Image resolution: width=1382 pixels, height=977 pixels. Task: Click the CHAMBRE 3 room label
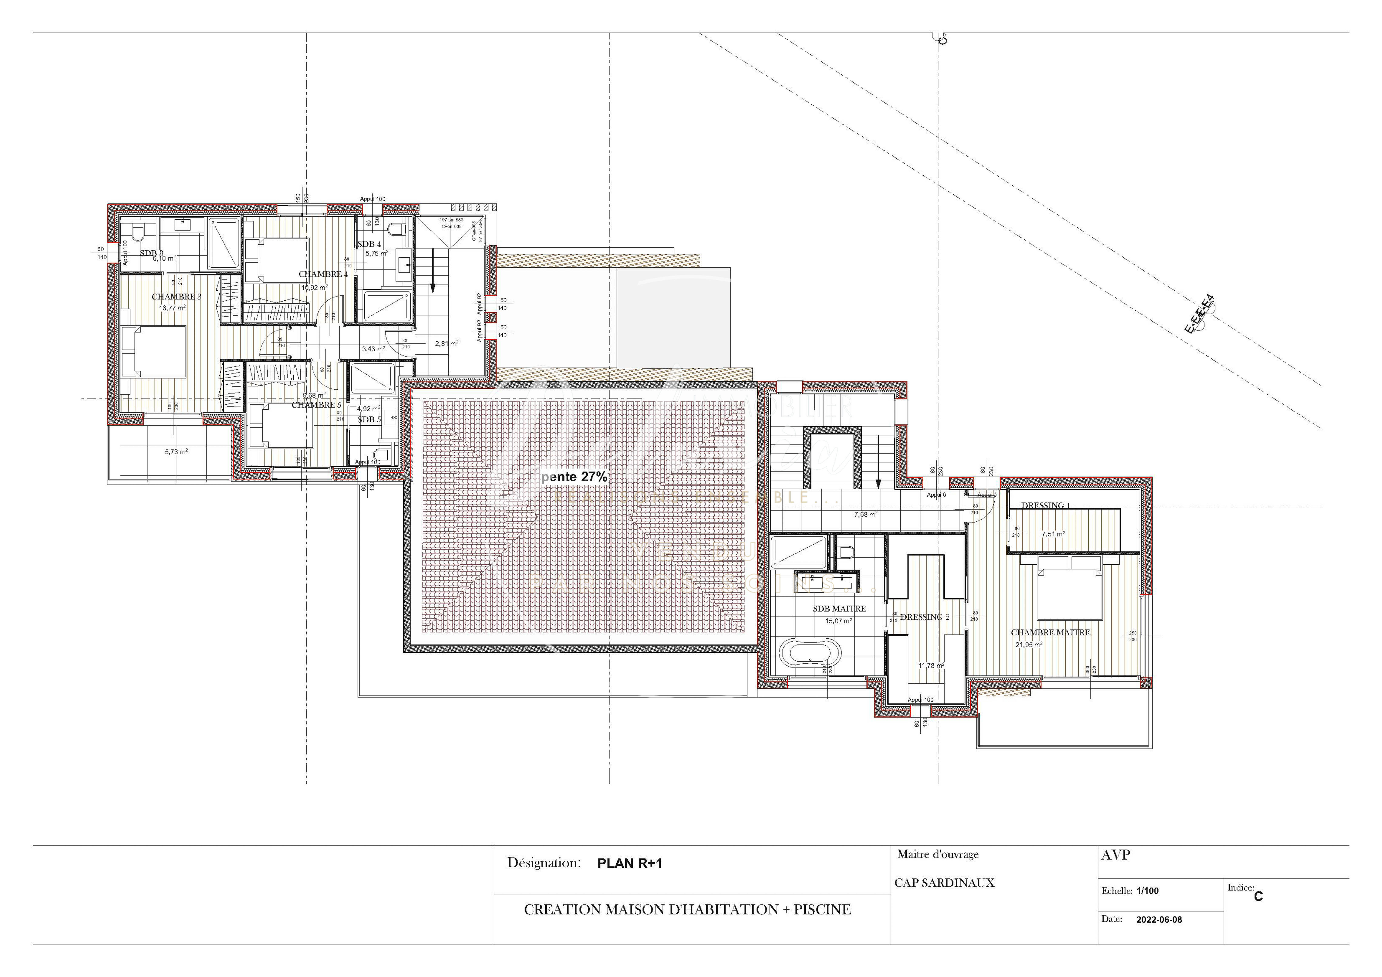[176, 297]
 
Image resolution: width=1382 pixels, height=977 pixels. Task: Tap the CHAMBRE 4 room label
[323, 274]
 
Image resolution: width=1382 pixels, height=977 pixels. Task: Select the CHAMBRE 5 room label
[316, 405]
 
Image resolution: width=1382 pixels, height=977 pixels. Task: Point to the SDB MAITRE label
[839, 609]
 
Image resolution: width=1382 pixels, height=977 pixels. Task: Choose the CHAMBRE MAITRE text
[1050, 633]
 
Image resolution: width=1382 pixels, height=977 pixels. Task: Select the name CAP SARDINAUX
[944, 883]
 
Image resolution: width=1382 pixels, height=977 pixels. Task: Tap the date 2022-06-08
[1159, 920]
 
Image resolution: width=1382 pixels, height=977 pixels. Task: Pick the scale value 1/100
[1147, 891]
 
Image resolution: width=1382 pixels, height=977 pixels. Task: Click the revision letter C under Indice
[1258, 896]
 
